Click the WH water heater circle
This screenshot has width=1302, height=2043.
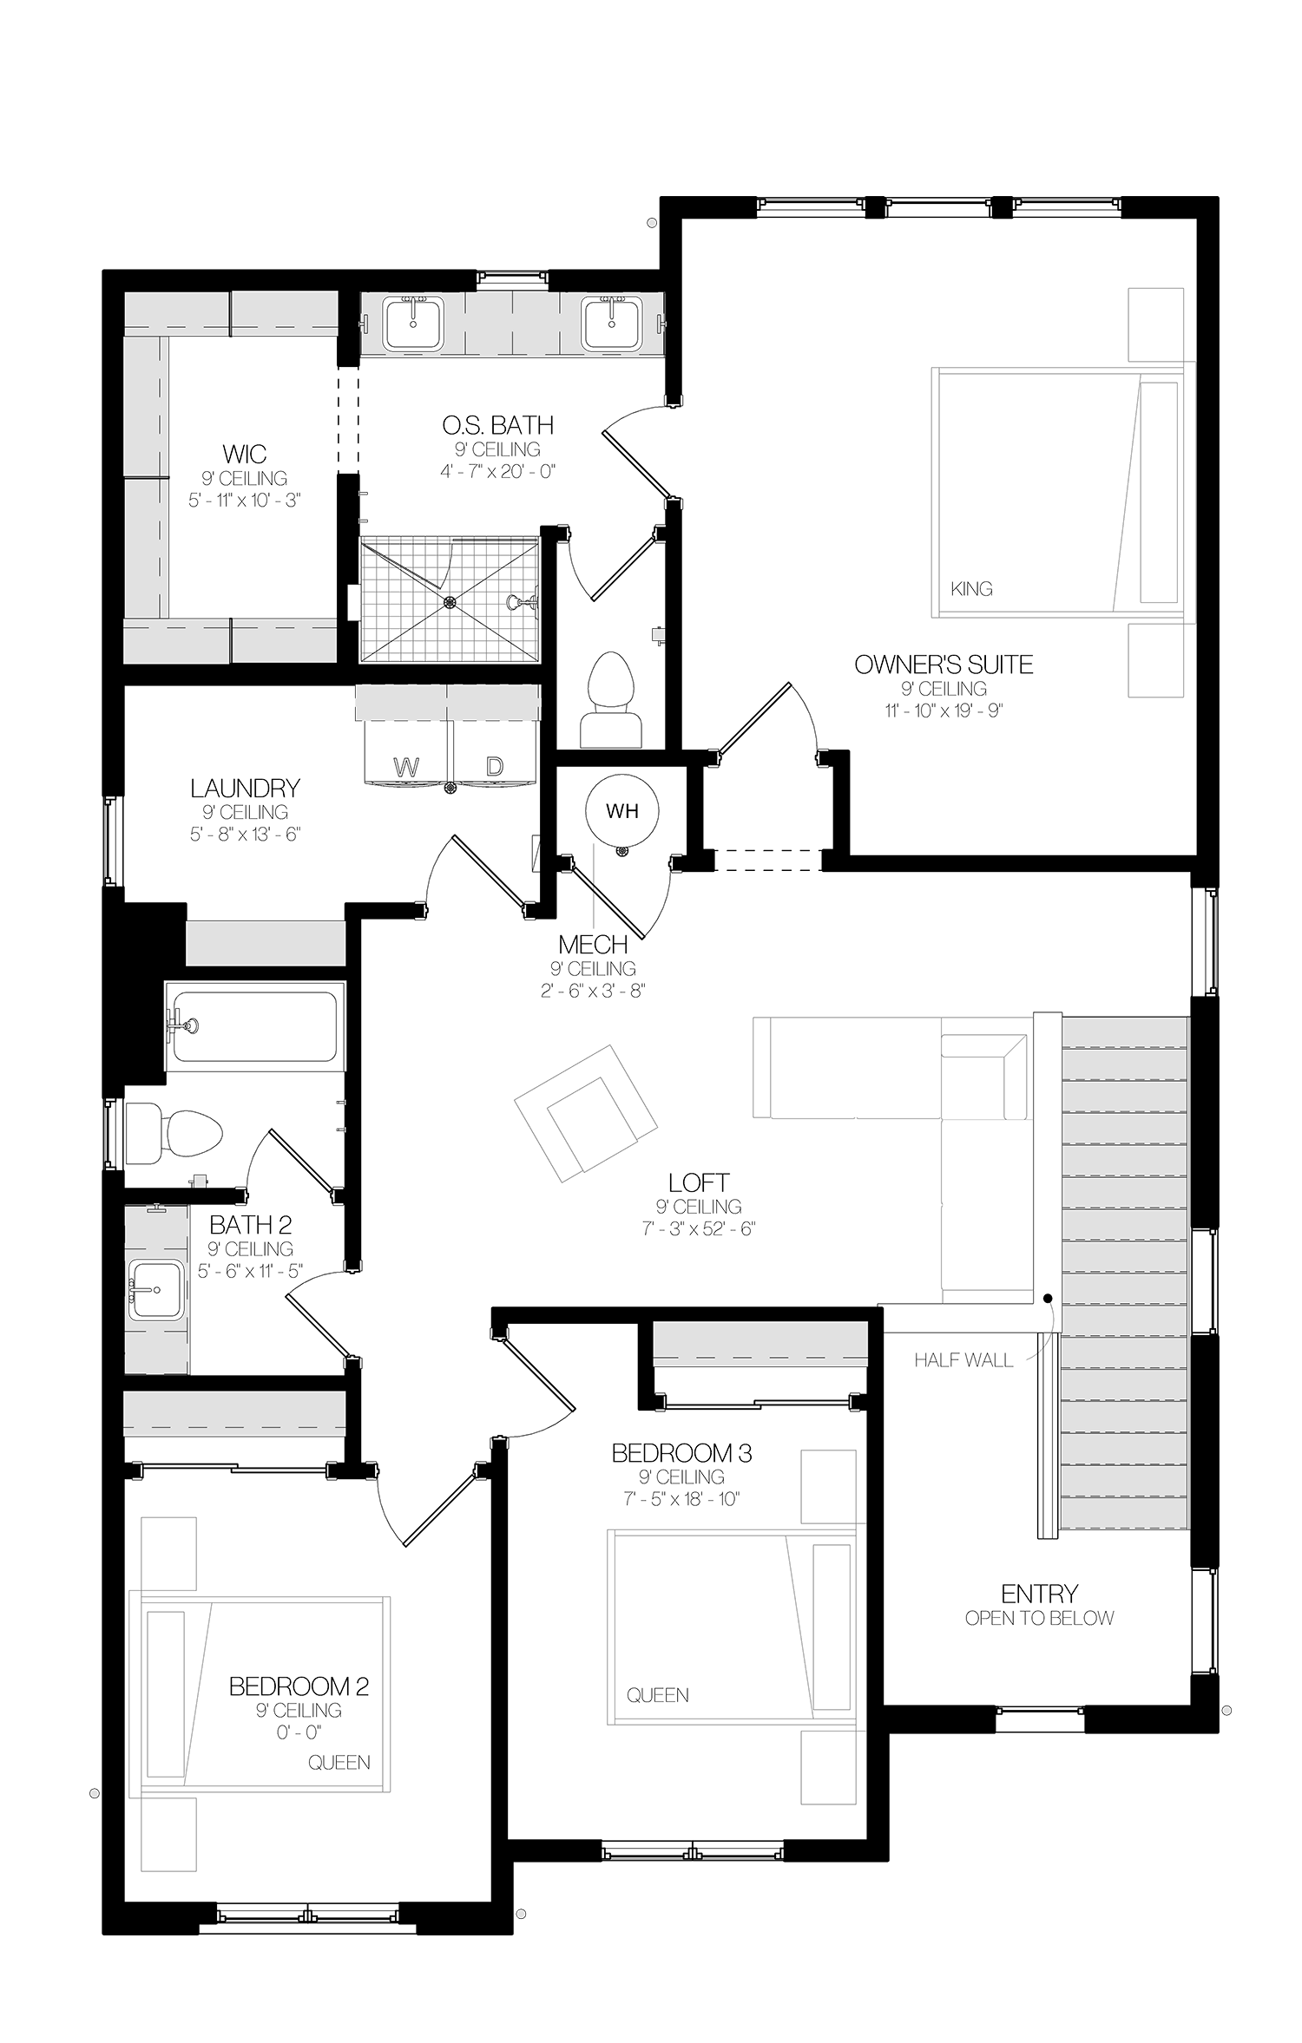coord(621,810)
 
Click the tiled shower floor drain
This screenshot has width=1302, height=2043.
coord(449,600)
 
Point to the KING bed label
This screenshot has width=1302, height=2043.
coord(971,589)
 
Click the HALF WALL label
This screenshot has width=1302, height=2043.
coord(963,1360)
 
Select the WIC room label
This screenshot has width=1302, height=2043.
coord(245,454)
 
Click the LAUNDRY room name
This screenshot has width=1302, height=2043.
coord(245,788)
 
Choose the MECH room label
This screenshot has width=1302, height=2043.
coord(593,944)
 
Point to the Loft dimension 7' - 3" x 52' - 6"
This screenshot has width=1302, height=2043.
coord(699,1229)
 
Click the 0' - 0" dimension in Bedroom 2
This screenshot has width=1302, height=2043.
coord(299,1732)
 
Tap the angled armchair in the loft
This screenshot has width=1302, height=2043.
coord(586,1114)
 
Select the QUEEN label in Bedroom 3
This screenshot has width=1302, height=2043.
coord(658,1694)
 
